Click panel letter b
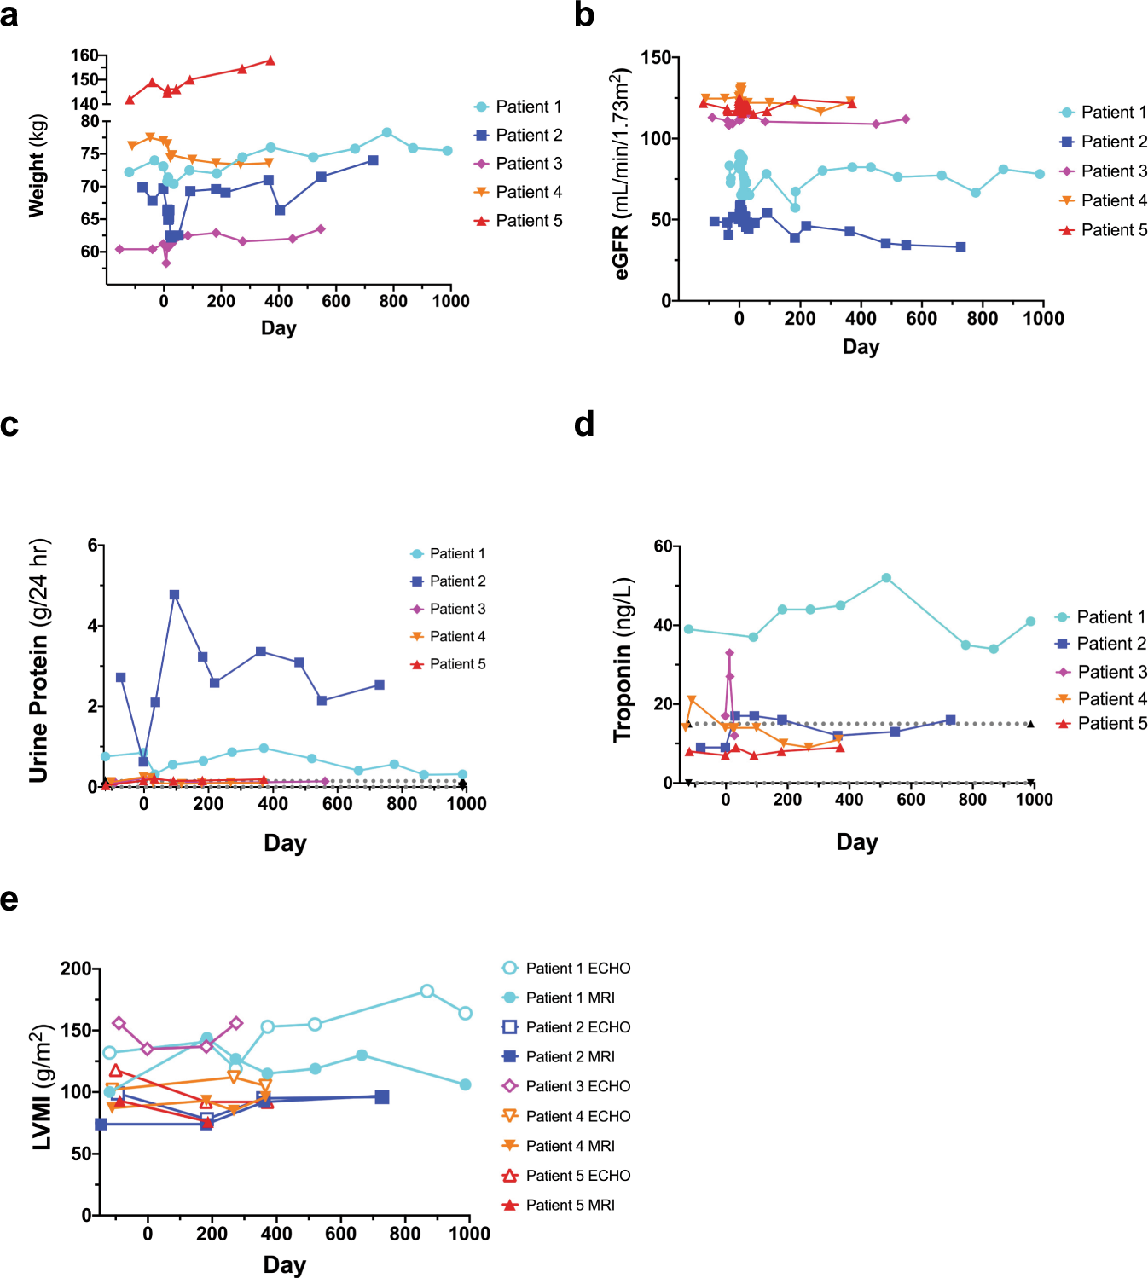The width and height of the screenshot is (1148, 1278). [584, 15]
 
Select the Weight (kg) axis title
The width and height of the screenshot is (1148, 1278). [37, 165]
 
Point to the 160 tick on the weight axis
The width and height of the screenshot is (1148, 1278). [84, 55]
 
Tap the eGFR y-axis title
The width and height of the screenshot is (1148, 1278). [622, 176]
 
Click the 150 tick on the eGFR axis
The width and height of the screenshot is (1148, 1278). [655, 58]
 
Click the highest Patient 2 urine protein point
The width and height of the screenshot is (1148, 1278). [174, 595]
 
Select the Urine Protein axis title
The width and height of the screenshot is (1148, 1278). [38, 661]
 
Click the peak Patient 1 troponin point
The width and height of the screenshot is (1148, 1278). [886, 578]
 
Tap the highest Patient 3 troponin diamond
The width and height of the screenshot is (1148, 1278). [729, 653]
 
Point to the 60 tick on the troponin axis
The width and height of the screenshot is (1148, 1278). [663, 546]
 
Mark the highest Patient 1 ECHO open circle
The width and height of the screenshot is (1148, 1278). [427, 991]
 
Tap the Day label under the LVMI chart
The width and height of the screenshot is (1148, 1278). [284, 1264]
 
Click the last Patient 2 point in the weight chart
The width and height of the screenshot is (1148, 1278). [373, 160]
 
